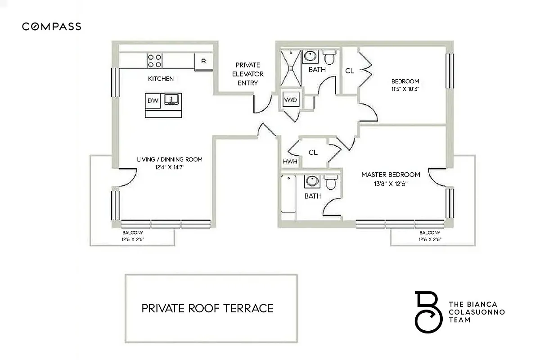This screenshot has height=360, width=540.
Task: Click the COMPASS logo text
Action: pos(52,27)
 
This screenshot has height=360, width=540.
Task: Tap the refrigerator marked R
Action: pos(203,61)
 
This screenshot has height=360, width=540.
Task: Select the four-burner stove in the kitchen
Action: pos(154,61)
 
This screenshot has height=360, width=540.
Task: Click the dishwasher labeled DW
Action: pos(153,100)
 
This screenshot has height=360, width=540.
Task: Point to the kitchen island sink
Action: pos(171,99)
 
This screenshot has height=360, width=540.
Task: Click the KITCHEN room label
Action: pos(161,79)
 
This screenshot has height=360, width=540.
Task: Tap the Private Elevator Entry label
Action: pos(247,74)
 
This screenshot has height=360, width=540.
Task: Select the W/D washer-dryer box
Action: pos(290,100)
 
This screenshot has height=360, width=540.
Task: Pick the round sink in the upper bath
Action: pos(310,57)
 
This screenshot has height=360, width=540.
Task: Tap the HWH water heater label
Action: pos(290,162)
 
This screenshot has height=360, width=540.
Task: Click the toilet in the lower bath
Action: pos(331,182)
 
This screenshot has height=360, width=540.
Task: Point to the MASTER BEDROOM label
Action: pos(391,175)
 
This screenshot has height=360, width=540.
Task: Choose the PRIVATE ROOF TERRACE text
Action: pos(207,308)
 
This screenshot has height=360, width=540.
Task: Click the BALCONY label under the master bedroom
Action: pos(429,233)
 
